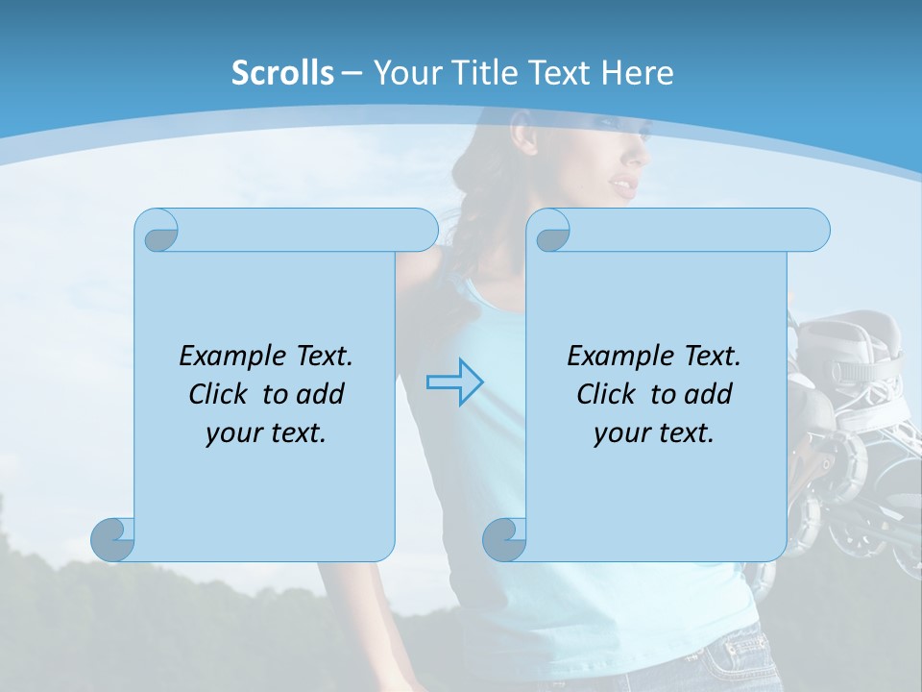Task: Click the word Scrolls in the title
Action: click(283, 73)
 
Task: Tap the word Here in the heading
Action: click(637, 73)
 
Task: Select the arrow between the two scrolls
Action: click(454, 383)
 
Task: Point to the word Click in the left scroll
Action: click(222, 394)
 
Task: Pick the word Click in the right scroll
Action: click(610, 394)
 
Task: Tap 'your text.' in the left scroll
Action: click(266, 433)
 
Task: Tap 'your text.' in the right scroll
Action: click(654, 433)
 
